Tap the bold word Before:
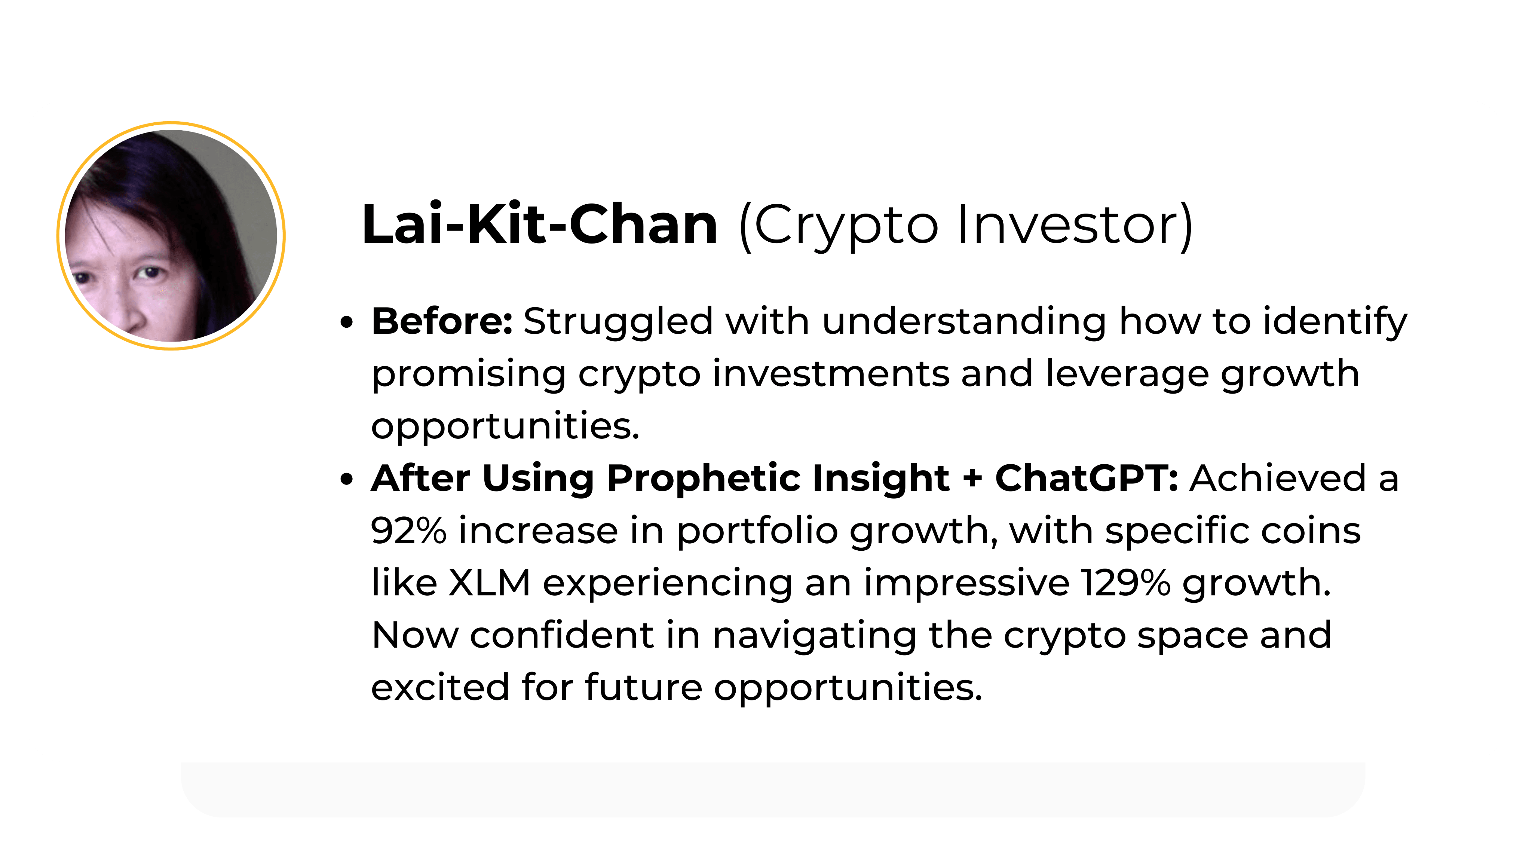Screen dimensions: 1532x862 coord(442,321)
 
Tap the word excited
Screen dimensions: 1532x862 coord(440,687)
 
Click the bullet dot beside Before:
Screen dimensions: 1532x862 coord(347,323)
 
